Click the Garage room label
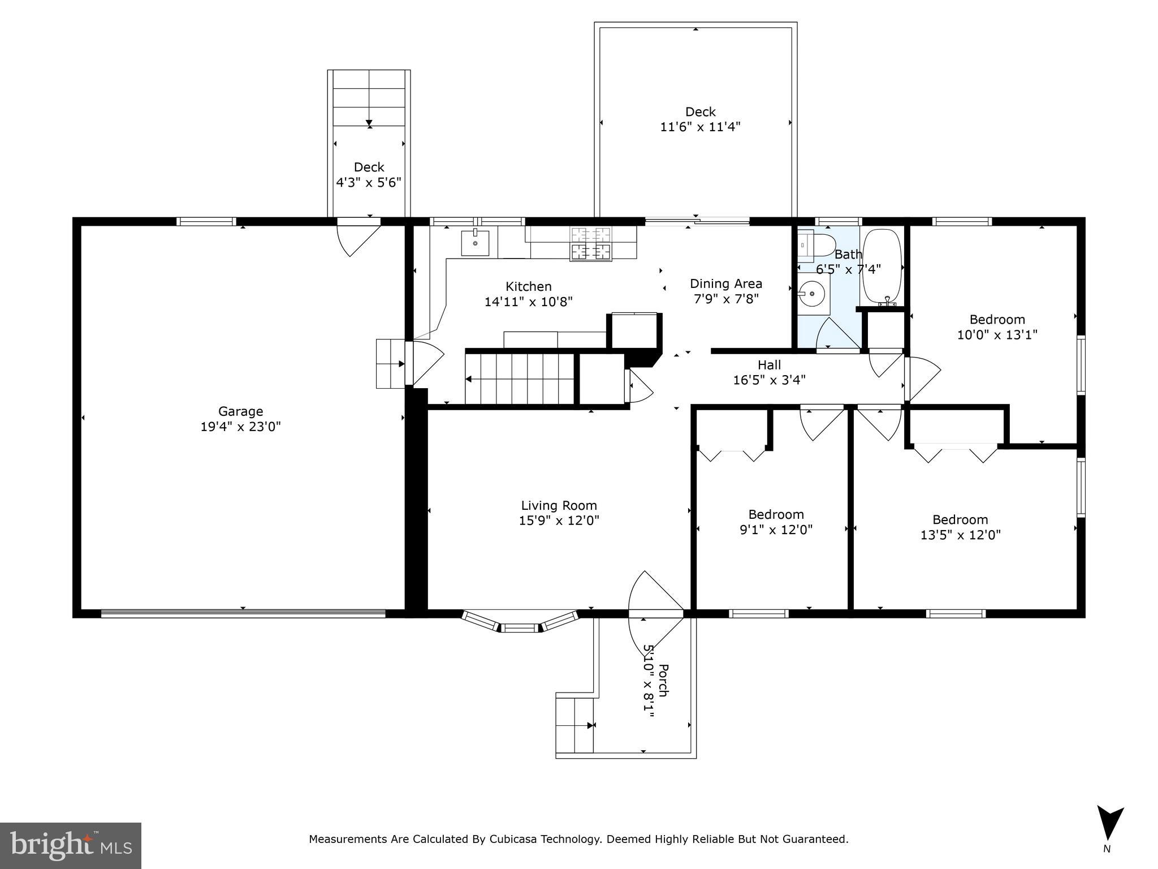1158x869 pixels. click(240, 411)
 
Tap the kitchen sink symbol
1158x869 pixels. click(475, 243)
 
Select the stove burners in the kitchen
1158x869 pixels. click(591, 243)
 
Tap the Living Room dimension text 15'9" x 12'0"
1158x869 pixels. click(559, 520)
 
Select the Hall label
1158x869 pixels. click(769, 365)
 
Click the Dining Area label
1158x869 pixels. click(725, 283)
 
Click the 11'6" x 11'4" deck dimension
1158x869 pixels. click(700, 127)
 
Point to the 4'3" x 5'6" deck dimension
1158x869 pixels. click(369, 182)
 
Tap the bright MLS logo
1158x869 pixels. click(71, 846)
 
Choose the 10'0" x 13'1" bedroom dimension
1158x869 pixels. click(997, 335)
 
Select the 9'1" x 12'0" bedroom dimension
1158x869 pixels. click(776, 530)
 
